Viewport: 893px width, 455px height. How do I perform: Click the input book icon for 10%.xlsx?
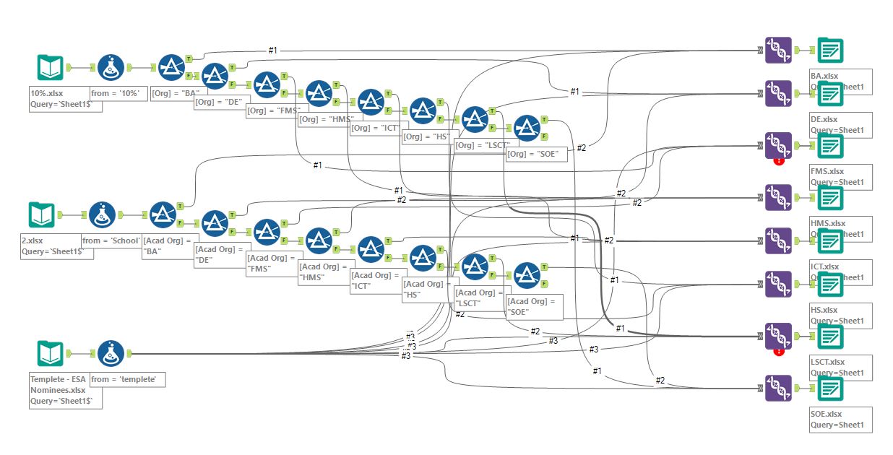(51, 68)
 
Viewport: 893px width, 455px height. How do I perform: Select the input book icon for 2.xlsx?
(41, 215)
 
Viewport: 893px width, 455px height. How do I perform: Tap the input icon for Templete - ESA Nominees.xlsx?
(51, 354)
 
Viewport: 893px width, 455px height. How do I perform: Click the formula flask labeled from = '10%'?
(111, 68)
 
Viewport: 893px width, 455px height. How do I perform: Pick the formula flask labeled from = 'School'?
(102, 215)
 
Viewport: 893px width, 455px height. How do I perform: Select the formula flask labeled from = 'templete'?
(111, 354)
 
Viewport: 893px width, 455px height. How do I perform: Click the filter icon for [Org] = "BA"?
(172, 68)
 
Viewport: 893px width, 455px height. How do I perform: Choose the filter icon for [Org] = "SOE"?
(527, 128)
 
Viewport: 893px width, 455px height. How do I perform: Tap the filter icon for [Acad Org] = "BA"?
(163, 215)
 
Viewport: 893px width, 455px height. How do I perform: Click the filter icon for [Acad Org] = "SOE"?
(527, 275)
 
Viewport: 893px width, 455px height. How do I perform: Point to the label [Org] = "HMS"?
(324, 118)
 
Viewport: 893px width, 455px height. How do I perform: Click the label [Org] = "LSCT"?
(480, 144)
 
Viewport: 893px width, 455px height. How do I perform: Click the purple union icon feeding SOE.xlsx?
(778, 388)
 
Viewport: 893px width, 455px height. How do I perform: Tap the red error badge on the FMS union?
(779, 160)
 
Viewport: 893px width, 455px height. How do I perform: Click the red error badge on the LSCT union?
(779, 352)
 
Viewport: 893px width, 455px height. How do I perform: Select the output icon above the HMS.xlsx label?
(830, 198)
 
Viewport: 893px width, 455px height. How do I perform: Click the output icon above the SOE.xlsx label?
(830, 389)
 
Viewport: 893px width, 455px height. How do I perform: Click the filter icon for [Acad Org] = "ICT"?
(371, 249)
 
